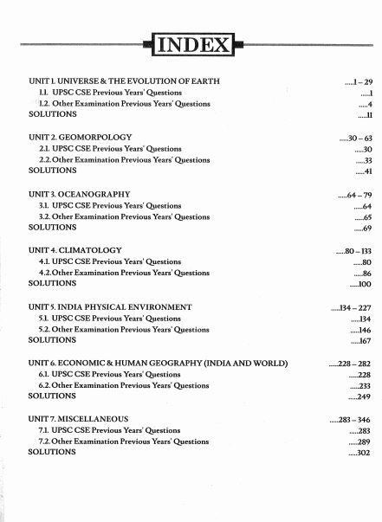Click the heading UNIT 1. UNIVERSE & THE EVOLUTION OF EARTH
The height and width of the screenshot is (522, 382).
[124, 81]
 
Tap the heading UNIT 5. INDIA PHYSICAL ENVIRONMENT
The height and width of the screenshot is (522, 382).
[110, 307]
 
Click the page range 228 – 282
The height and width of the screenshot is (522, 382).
[353, 364]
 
